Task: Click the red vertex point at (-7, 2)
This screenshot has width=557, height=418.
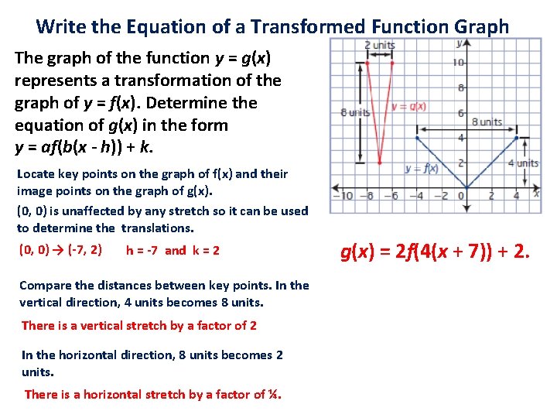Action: click(379, 163)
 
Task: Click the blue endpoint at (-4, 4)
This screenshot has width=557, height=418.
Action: click(416, 138)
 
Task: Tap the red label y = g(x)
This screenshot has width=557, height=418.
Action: click(409, 106)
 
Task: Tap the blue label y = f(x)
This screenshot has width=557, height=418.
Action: click(422, 168)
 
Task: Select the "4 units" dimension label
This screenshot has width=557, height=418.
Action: click(523, 163)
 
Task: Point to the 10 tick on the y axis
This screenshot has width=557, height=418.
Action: click(459, 62)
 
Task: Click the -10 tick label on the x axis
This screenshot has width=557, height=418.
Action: click(343, 197)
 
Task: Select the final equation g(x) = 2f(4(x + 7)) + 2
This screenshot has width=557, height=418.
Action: click(435, 251)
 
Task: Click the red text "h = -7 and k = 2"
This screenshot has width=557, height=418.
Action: click(173, 251)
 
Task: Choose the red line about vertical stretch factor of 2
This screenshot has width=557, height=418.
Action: click(138, 326)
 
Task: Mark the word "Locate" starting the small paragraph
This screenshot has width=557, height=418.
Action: click(36, 174)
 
